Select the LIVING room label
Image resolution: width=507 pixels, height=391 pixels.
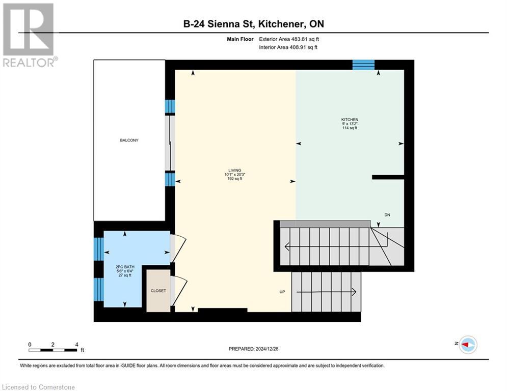coord(234,170)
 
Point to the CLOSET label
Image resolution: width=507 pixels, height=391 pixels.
coord(158,291)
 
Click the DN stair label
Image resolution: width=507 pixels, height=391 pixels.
coord(388,215)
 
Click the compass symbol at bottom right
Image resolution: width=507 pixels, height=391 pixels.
coord(467,345)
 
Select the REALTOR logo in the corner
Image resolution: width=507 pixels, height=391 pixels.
coord(29,35)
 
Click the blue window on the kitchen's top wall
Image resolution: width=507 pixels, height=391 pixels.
coord(363,65)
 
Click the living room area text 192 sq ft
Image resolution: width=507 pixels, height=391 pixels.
coord(234,179)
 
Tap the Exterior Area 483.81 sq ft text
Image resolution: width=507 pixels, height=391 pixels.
coord(289,39)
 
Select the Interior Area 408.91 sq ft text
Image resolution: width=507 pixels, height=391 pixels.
coord(289,47)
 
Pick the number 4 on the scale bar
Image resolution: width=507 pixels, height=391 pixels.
coord(76,344)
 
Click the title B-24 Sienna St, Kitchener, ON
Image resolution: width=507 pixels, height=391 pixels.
coord(253,24)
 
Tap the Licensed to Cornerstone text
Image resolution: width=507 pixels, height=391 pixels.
coord(39,387)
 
